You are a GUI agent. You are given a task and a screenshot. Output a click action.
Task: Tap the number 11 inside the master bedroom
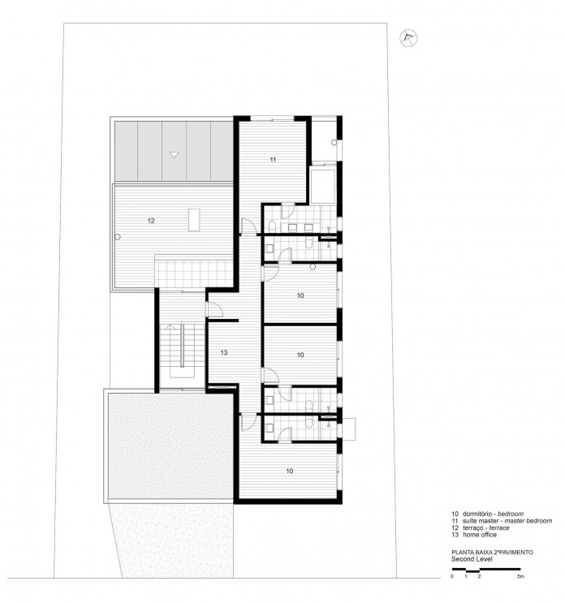coord(273,160)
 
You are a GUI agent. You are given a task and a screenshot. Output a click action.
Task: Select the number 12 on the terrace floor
coord(151,220)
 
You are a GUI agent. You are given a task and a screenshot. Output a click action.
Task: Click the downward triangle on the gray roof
coord(173,153)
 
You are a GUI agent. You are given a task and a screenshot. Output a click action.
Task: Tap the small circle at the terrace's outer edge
coord(119,236)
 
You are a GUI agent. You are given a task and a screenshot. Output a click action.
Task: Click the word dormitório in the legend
coord(479,514)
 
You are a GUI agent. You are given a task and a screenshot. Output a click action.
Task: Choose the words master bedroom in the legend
coord(527,520)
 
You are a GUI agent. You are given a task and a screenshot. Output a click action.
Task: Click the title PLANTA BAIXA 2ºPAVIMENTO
coord(492,552)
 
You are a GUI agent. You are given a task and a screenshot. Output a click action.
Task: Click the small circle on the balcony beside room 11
coord(334,142)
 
